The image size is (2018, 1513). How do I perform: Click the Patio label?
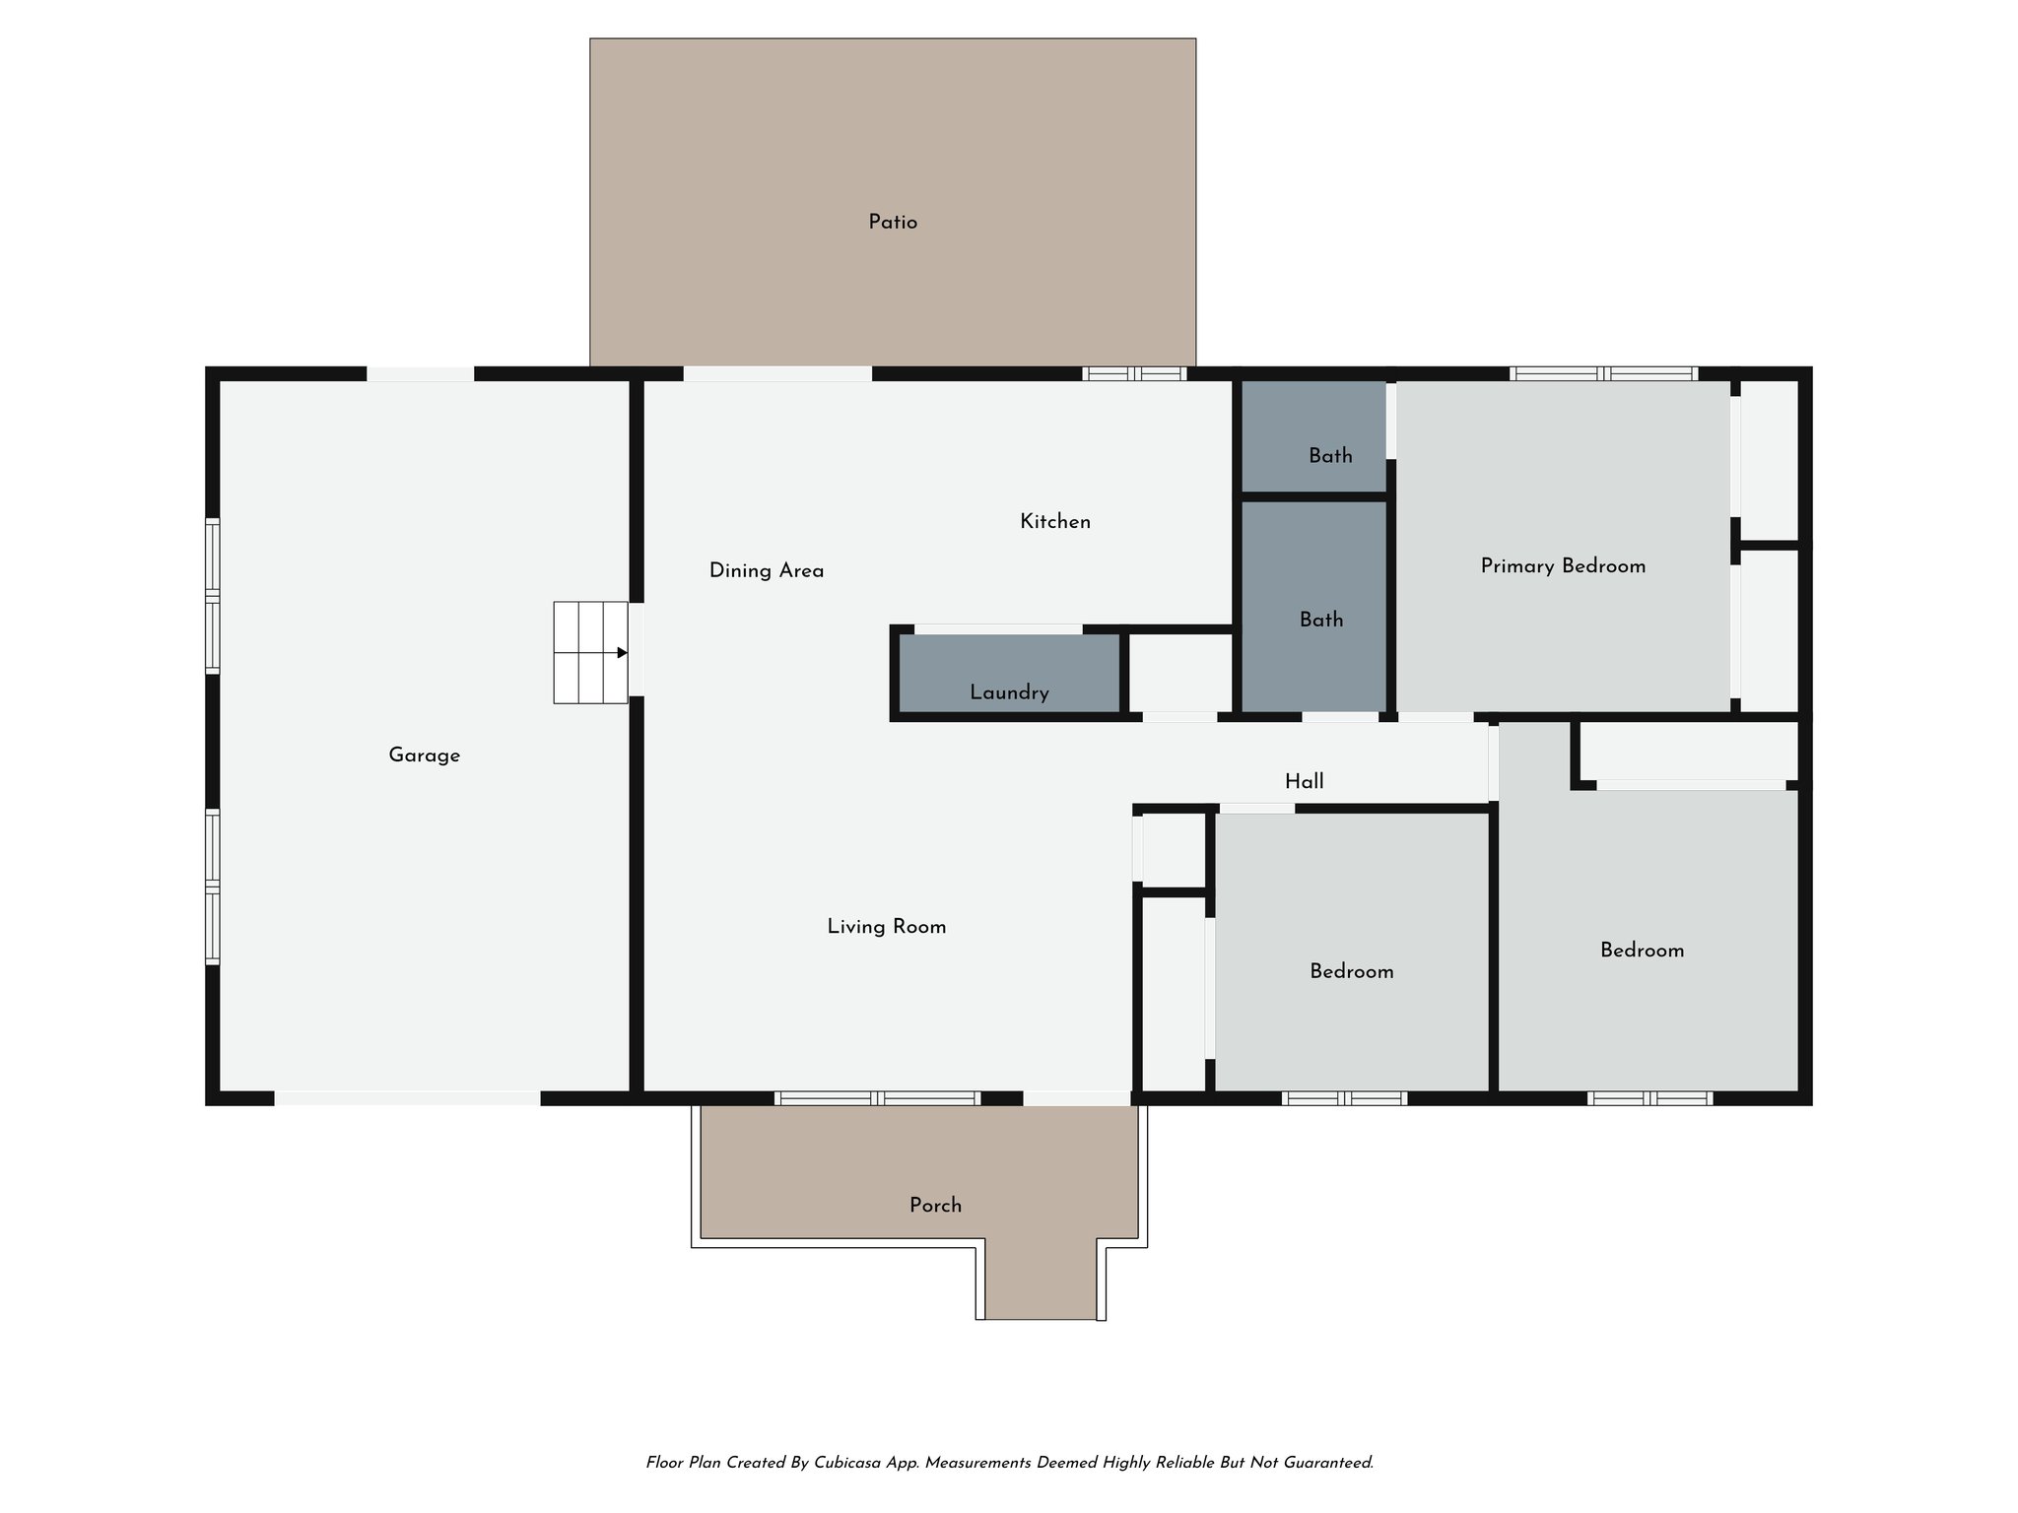[x=893, y=223]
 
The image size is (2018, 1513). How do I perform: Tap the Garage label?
[x=424, y=756]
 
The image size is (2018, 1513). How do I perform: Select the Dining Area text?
[x=767, y=570]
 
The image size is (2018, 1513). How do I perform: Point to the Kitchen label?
[x=1055, y=522]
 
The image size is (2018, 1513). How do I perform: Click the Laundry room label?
[x=1009, y=692]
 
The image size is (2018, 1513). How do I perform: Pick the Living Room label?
[x=886, y=927]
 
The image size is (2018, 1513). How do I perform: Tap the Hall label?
[x=1304, y=782]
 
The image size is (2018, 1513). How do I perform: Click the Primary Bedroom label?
[x=1563, y=566]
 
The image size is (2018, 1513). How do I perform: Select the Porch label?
[x=935, y=1206]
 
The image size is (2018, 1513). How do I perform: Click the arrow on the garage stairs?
[x=621, y=652]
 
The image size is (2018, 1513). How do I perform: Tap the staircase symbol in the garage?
[x=589, y=652]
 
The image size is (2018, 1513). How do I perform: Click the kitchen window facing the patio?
[x=1134, y=374]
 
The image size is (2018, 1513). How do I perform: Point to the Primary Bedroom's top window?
[x=1603, y=374]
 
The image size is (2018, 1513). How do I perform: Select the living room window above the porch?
[x=877, y=1098]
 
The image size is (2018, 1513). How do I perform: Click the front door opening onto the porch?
[x=1076, y=1098]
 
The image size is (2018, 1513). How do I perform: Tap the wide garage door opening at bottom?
[x=407, y=1098]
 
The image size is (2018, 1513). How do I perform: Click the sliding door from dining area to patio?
[x=777, y=374]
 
